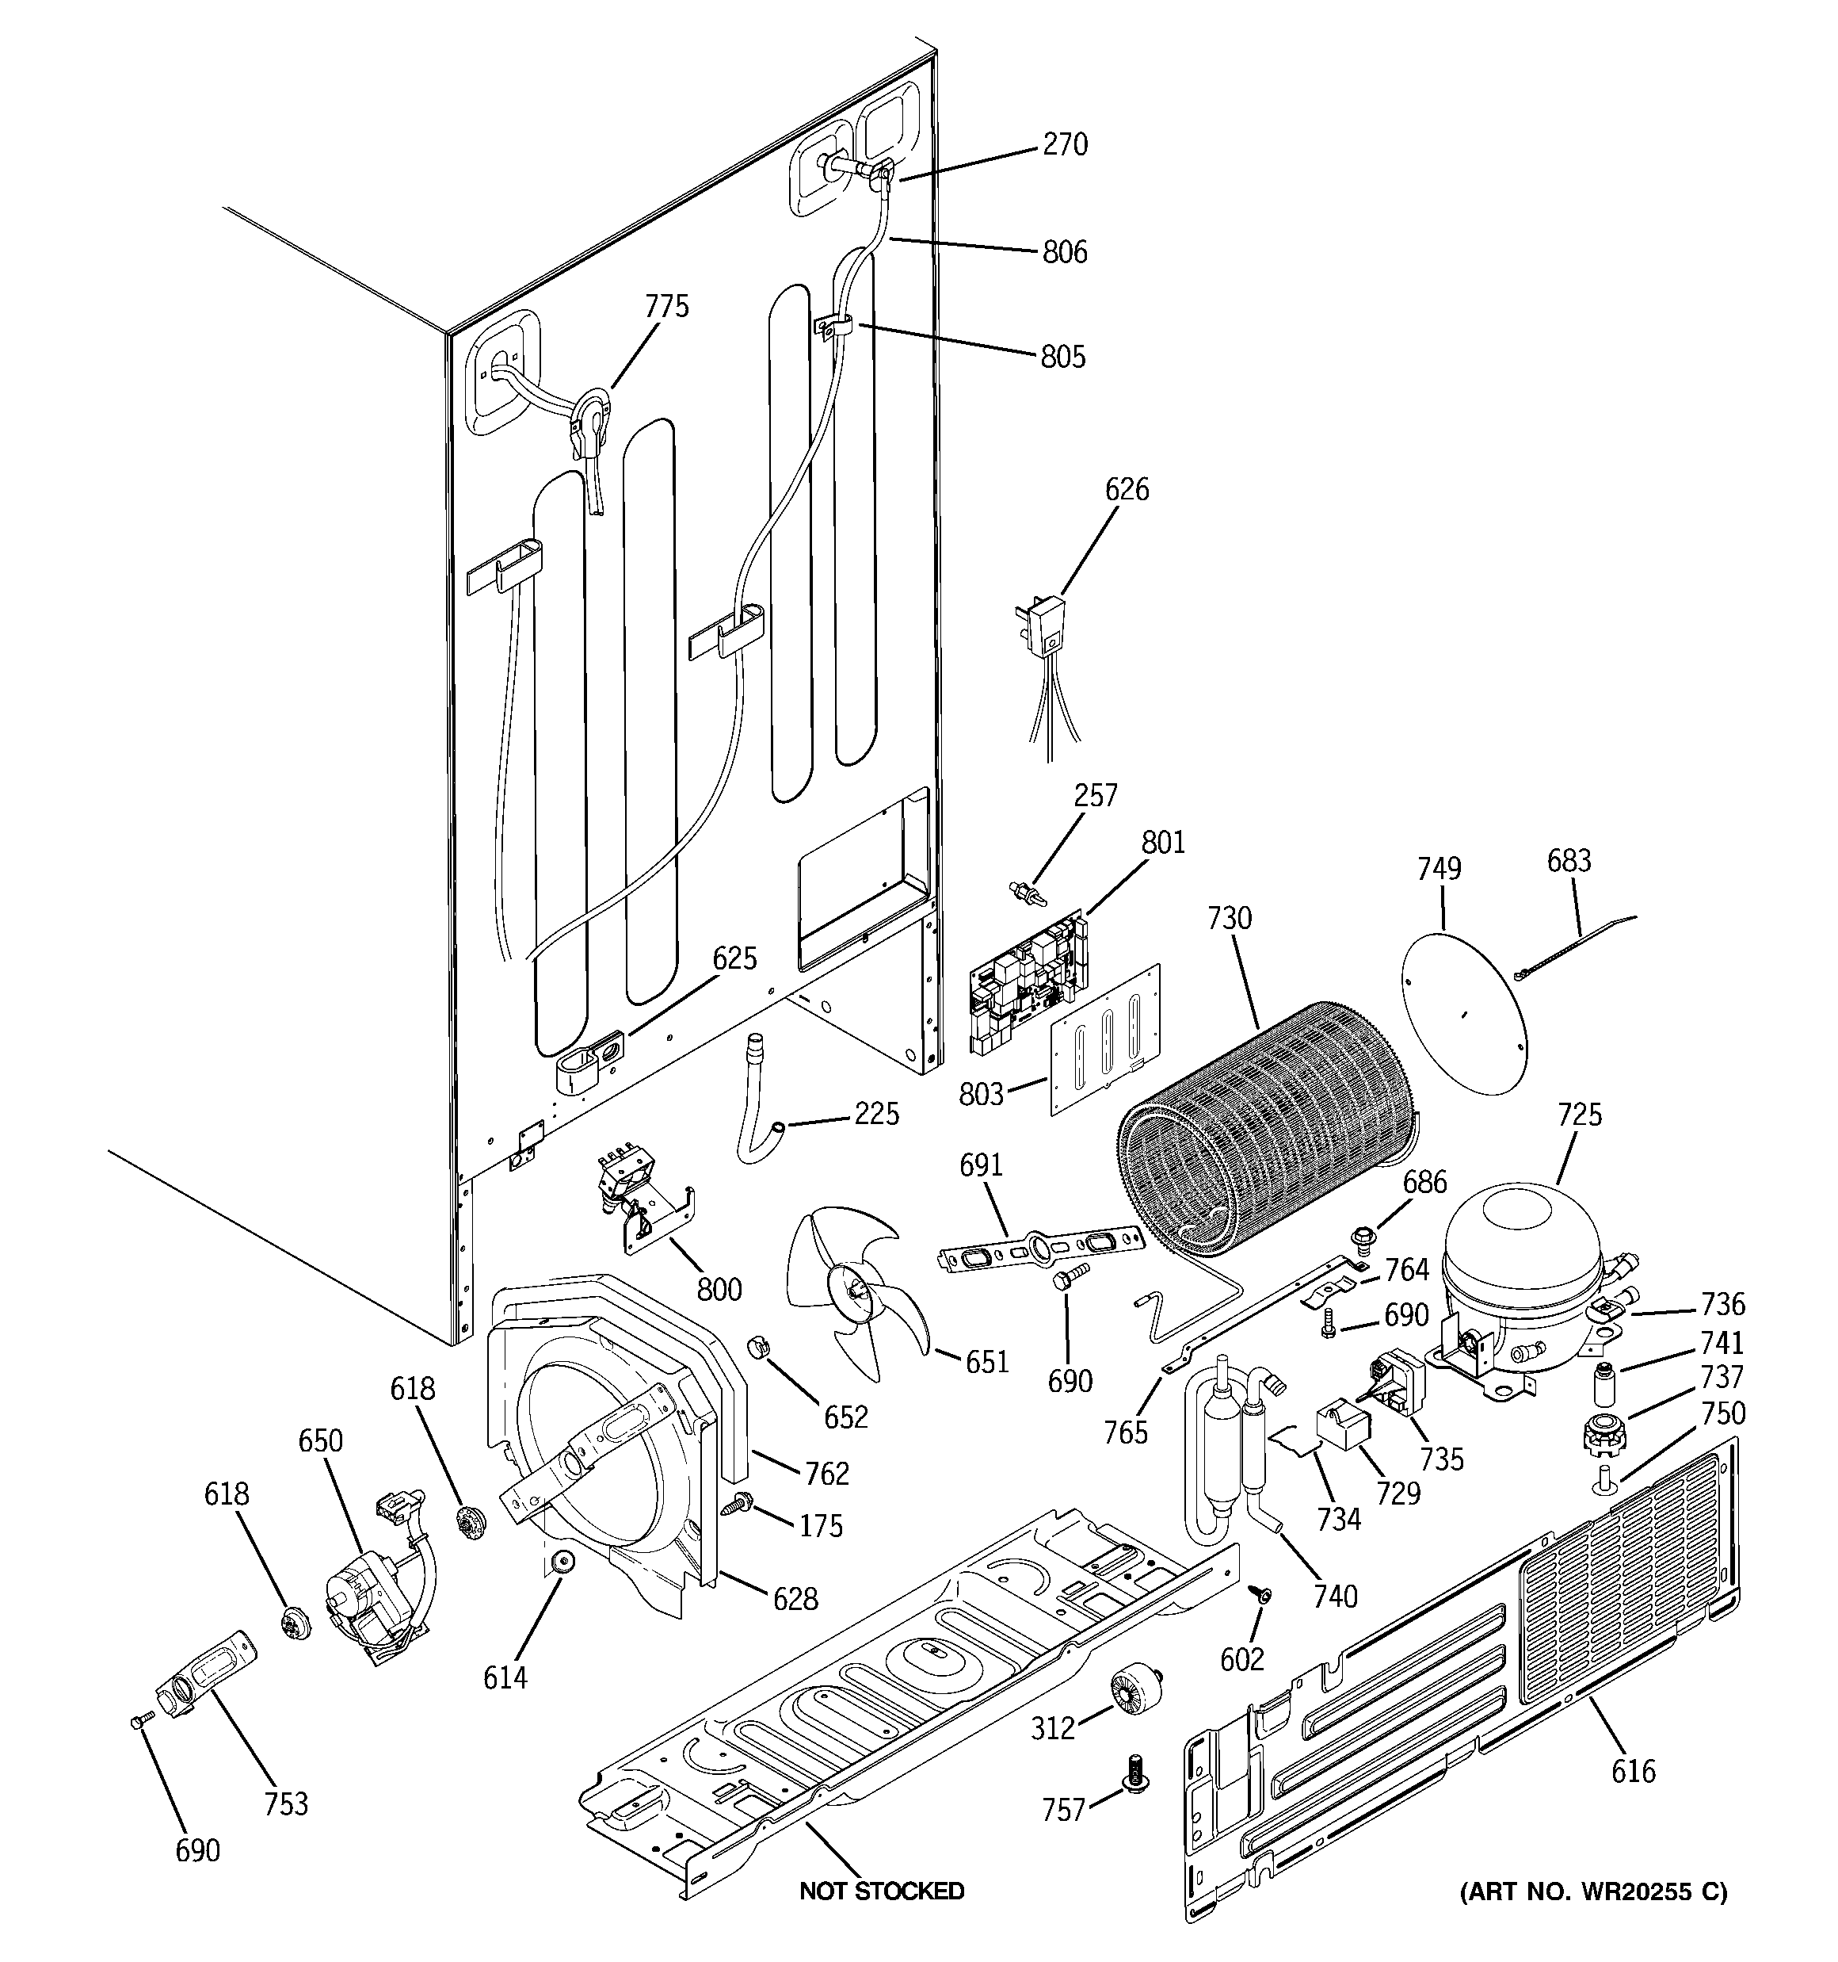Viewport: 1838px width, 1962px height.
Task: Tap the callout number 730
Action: pos(1230,918)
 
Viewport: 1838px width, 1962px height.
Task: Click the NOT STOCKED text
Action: pos(881,1891)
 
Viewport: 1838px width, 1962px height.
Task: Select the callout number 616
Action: pos(1633,1772)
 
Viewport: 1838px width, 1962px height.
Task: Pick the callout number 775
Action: pos(667,307)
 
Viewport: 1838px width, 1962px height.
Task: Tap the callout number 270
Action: pos(1065,145)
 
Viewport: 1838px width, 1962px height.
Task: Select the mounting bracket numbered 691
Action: pos(1037,1246)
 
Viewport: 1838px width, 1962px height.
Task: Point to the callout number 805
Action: pos(1062,356)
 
